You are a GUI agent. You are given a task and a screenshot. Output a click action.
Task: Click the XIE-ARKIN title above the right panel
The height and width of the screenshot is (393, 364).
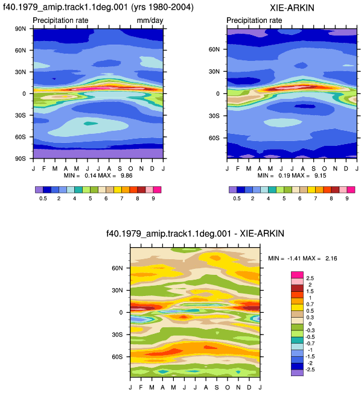(292, 8)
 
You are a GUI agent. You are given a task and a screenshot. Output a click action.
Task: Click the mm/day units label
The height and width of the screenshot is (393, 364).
(150, 20)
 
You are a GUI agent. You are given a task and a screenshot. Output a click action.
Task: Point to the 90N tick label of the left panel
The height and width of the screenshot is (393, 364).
(20, 29)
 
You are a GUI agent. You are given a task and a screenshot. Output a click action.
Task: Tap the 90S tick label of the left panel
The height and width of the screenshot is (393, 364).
(20, 159)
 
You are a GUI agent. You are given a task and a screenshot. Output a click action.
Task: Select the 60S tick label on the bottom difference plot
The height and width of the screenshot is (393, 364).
(117, 357)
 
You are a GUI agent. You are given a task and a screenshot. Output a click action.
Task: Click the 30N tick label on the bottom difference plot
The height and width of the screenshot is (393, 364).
(117, 291)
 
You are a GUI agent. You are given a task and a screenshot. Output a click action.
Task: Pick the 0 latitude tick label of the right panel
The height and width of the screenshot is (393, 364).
(218, 94)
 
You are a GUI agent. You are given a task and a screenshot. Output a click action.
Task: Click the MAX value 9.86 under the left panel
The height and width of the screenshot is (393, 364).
(126, 175)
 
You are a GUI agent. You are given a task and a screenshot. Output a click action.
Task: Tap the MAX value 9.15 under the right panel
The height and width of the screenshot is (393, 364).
(320, 175)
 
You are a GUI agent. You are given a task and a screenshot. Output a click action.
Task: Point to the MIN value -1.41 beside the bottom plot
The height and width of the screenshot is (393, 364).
(294, 259)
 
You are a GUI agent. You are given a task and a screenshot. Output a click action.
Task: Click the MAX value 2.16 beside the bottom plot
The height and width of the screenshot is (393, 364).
(331, 259)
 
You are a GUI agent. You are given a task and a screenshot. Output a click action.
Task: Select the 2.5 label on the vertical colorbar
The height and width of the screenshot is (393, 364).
(310, 278)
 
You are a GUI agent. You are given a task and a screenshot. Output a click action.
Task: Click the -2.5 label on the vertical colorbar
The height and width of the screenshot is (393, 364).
(310, 369)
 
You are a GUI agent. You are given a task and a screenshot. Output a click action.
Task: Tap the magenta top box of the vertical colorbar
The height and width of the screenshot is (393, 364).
(297, 275)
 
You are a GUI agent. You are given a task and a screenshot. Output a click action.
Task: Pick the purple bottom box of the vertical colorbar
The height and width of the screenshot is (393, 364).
(297, 373)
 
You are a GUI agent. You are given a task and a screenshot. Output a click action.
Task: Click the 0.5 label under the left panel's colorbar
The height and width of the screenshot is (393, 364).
(43, 198)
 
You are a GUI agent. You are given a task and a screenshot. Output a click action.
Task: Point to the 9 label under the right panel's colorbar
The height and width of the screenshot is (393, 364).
(347, 198)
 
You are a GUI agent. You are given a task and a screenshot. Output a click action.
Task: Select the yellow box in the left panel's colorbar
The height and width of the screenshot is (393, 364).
(118, 190)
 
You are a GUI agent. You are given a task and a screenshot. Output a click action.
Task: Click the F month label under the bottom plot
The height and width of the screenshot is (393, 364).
(141, 388)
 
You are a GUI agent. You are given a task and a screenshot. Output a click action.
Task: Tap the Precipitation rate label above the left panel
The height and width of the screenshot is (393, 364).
(60, 20)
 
